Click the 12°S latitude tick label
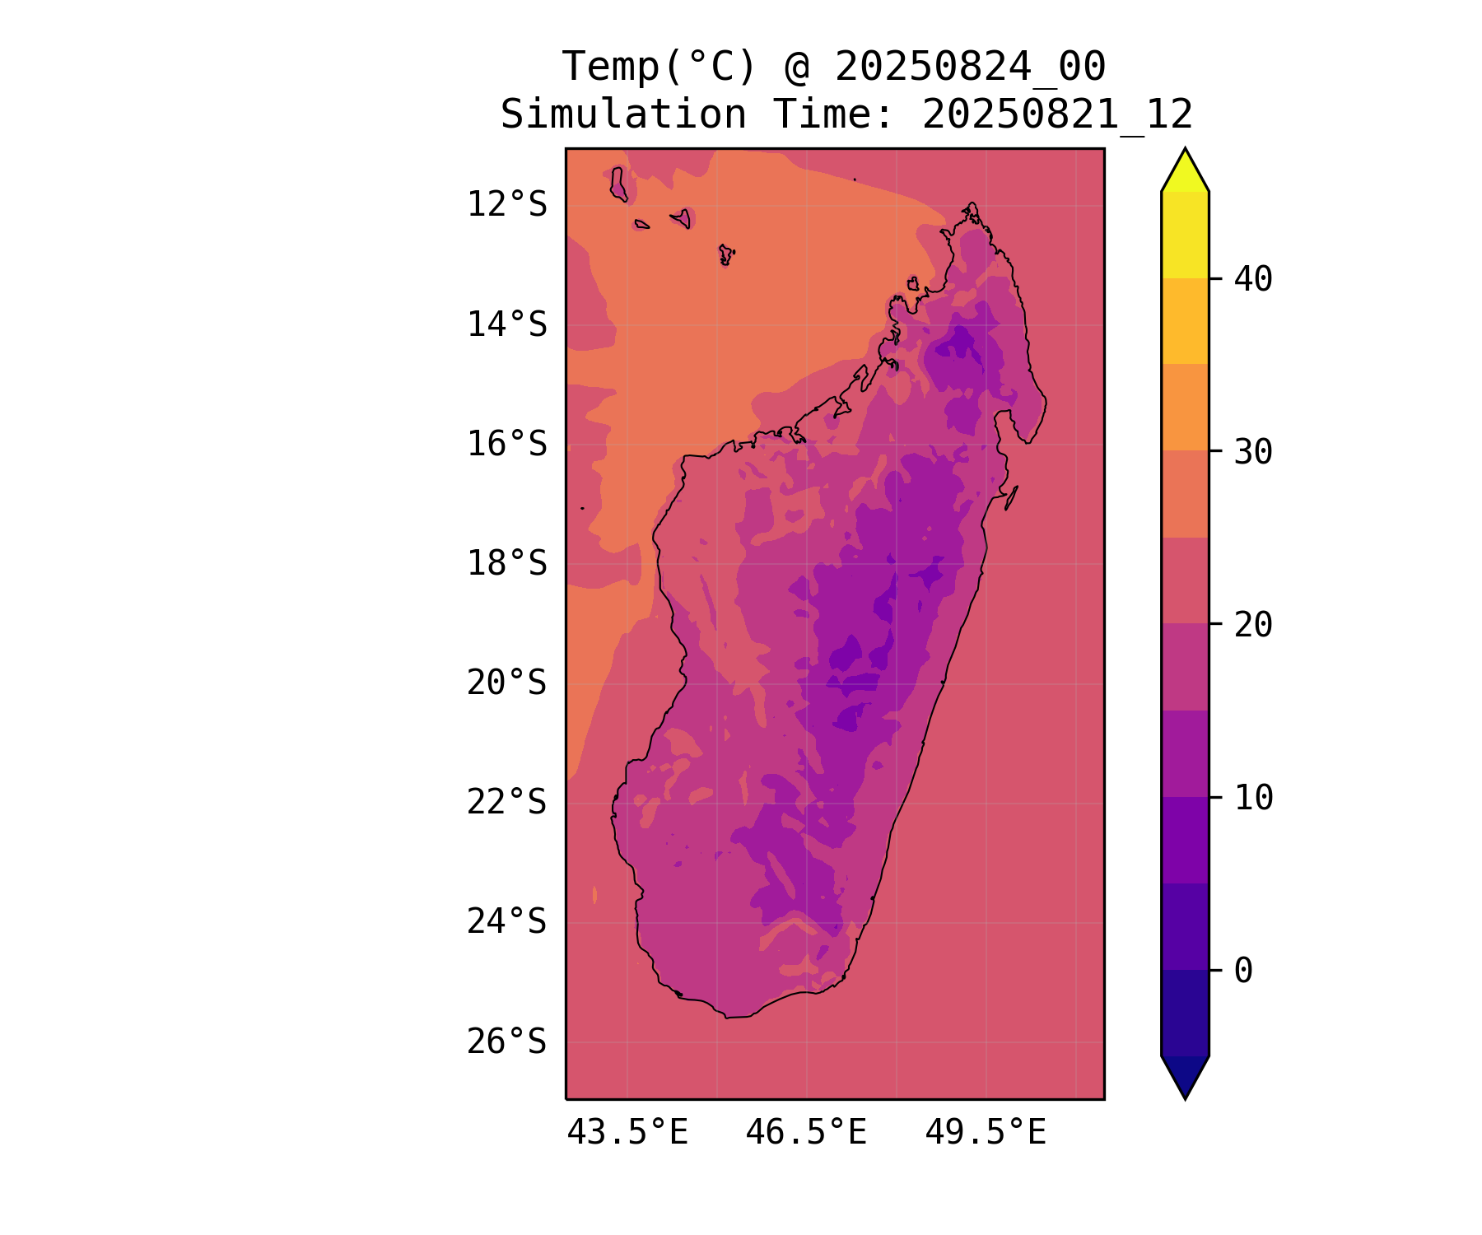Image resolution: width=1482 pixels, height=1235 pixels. [x=506, y=204]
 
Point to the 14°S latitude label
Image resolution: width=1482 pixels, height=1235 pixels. [x=506, y=324]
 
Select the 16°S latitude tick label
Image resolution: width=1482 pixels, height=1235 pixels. [x=506, y=444]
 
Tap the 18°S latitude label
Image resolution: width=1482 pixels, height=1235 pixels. [x=506, y=564]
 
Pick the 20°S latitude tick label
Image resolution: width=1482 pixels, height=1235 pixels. [x=506, y=683]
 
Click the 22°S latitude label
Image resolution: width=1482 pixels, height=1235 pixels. [x=506, y=802]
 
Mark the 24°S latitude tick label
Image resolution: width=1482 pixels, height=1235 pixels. [x=506, y=921]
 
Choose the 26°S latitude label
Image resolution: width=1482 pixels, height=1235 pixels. [x=506, y=1042]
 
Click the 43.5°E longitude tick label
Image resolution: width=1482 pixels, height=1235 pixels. [x=627, y=1133]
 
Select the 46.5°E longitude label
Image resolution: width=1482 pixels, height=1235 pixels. [x=806, y=1133]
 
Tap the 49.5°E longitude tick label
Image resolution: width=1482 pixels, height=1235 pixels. [x=986, y=1133]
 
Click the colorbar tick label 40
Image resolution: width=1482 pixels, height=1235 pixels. [x=1253, y=279]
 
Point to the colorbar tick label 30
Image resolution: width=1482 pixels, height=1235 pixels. [x=1253, y=451]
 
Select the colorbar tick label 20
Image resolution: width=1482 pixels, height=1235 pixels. [x=1253, y=625]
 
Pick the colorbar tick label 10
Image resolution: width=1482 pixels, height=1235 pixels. [x=1253, y=797]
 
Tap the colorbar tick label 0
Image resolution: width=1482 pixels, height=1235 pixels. [x=1243, y=971]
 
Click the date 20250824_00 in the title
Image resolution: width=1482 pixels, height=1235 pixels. [x=970, y=67]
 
